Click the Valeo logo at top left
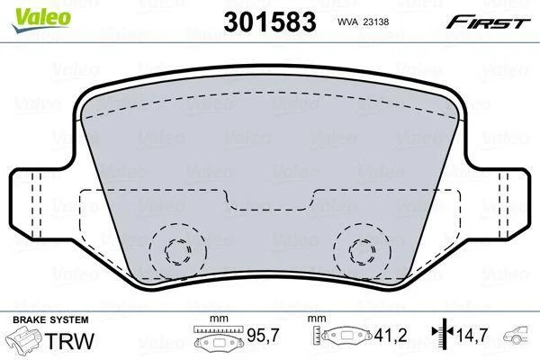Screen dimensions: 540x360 pyautogui.click(x=41, y=20)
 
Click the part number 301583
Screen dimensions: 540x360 pyautogui.click(x=270, y=22)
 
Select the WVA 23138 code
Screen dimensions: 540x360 pyautogui.click(x=363, y=22)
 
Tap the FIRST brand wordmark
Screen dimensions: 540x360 pyautogui.click(x=488, y=22)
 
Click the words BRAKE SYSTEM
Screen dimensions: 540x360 pyautogui.click(x=50, y=319)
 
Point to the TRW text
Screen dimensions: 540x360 pyautogui.click(x=69, y=341)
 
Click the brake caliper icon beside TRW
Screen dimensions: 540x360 pyautogui.click(x=23, y=340)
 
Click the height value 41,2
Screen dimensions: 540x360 pyautogui.click(x=391, y=335)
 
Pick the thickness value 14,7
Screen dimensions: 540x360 pyautogui.click(x=472, y=335)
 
